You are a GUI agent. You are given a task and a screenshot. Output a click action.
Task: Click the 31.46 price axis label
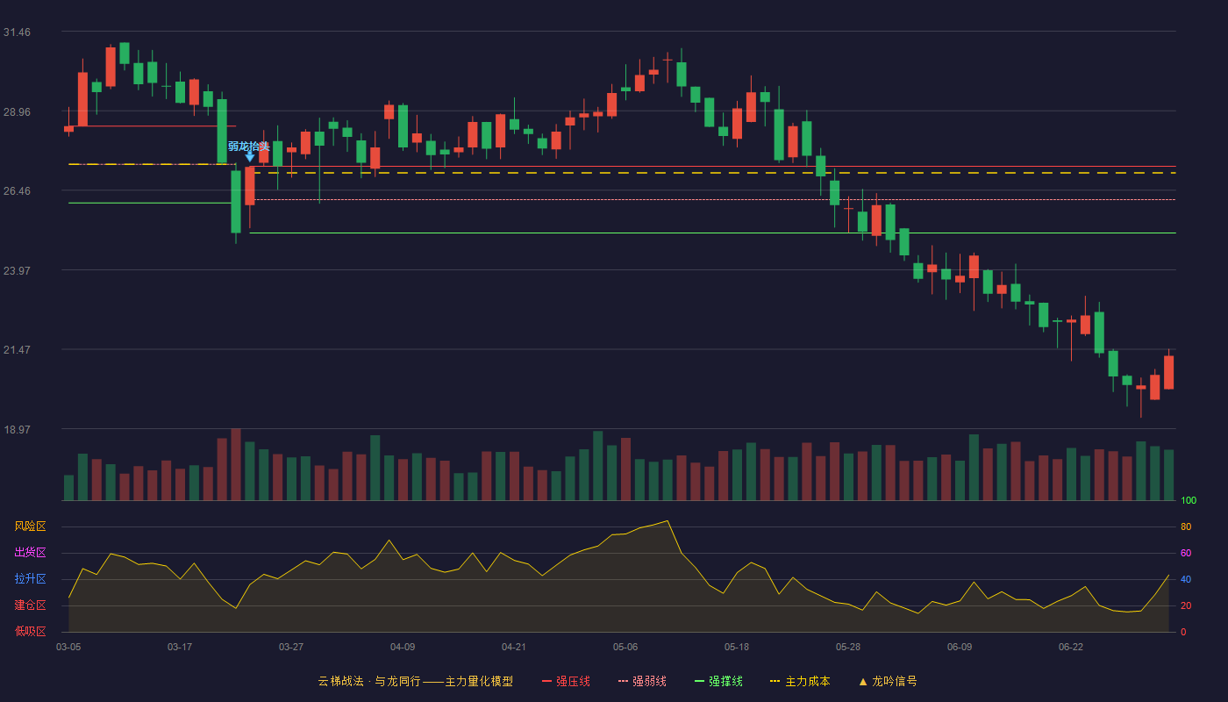[x=17, y=32]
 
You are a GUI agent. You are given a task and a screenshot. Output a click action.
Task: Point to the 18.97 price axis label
[x=17, y=429]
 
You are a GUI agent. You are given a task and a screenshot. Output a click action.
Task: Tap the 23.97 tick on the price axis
[x=17, y=271]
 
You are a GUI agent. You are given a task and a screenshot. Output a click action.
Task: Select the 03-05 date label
[x=68, y=648]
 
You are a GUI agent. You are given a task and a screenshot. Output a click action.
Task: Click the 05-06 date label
[x=625, y=648]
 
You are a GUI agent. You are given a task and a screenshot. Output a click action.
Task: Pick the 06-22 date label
[x=1071, y=648]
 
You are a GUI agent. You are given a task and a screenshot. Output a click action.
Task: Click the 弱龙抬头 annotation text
[x=249, y=146]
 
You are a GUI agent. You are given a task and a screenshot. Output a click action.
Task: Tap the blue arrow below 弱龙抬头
[x=249, y=157]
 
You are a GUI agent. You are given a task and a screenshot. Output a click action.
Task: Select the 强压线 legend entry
[x=566, y=681]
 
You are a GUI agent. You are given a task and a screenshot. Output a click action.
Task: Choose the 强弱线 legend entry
[x=642, y=681]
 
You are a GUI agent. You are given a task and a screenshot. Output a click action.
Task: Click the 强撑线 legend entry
[x=718, y=681]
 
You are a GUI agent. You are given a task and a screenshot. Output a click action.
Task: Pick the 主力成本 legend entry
[x=800, y=681]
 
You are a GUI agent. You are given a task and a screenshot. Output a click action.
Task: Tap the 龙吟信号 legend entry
[x=888, y=681]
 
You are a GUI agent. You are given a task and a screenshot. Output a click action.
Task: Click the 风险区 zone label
[x=30, y=526]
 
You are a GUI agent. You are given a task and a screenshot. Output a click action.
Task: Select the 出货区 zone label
[x=30, y=552]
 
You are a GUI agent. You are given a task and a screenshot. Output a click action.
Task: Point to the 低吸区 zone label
[x=30, y=631]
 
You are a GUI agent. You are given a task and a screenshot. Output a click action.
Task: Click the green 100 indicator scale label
[x=1189, y=500]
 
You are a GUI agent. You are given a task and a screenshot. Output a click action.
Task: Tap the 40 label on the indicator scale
[x=1186, y=579]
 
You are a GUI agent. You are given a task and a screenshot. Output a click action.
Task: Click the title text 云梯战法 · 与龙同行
[x=369, y=681]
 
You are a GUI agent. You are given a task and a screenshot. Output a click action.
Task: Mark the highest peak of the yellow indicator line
[x=668, y=520]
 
